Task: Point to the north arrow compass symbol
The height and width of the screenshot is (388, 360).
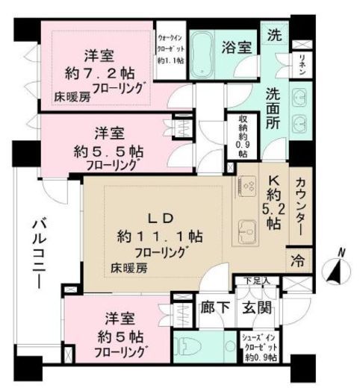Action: pos(335,266)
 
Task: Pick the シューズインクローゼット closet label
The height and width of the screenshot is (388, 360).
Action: pos(258,347)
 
